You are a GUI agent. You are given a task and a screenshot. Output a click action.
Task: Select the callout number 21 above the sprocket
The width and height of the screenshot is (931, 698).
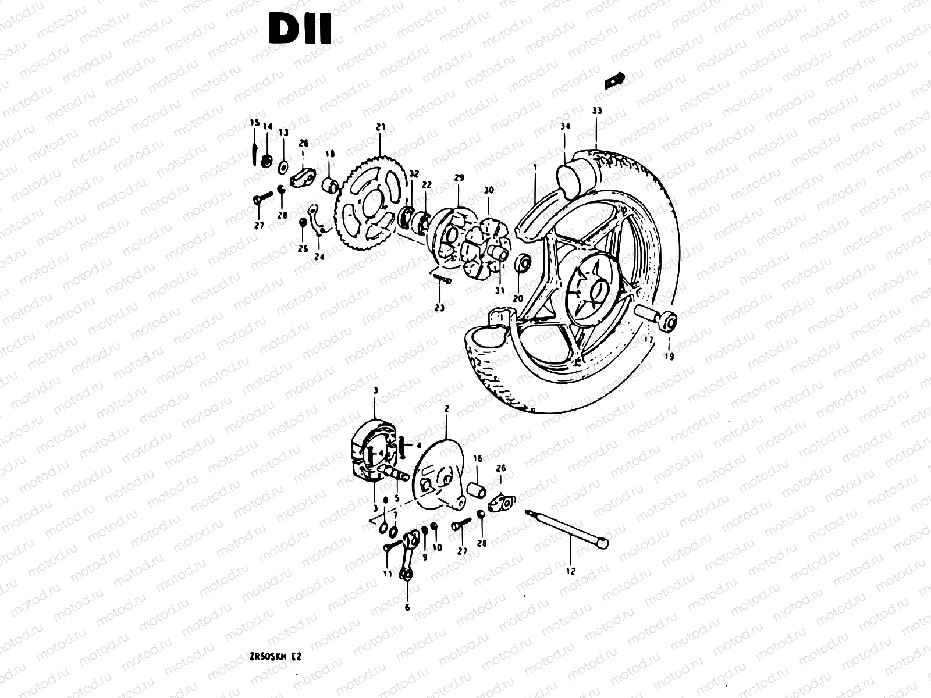coord(381,126)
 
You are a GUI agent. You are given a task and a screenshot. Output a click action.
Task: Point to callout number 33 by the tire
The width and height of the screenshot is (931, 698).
coord(597,111)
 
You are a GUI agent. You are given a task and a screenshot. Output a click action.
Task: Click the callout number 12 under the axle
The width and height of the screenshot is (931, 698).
coord(570,571)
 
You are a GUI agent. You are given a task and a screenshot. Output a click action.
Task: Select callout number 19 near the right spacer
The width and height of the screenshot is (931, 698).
coord(669,357)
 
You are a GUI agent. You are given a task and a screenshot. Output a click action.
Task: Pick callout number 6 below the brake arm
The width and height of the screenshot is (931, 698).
coord(407,607)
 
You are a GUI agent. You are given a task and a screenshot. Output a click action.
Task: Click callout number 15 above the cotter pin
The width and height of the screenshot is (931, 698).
coord(254,122)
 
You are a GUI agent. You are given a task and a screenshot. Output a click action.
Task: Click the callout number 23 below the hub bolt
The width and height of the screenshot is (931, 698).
coord(439,307)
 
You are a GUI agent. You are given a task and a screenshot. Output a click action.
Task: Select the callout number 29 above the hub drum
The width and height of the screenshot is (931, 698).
coord(459,177)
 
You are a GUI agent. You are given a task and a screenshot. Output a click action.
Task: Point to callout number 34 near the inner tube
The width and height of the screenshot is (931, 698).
coord(564,126)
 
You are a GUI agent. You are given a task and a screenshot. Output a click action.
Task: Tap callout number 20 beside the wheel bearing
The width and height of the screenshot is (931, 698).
coord(518,298)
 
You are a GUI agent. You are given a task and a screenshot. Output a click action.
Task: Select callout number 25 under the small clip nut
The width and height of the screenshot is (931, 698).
coord(303,249)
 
